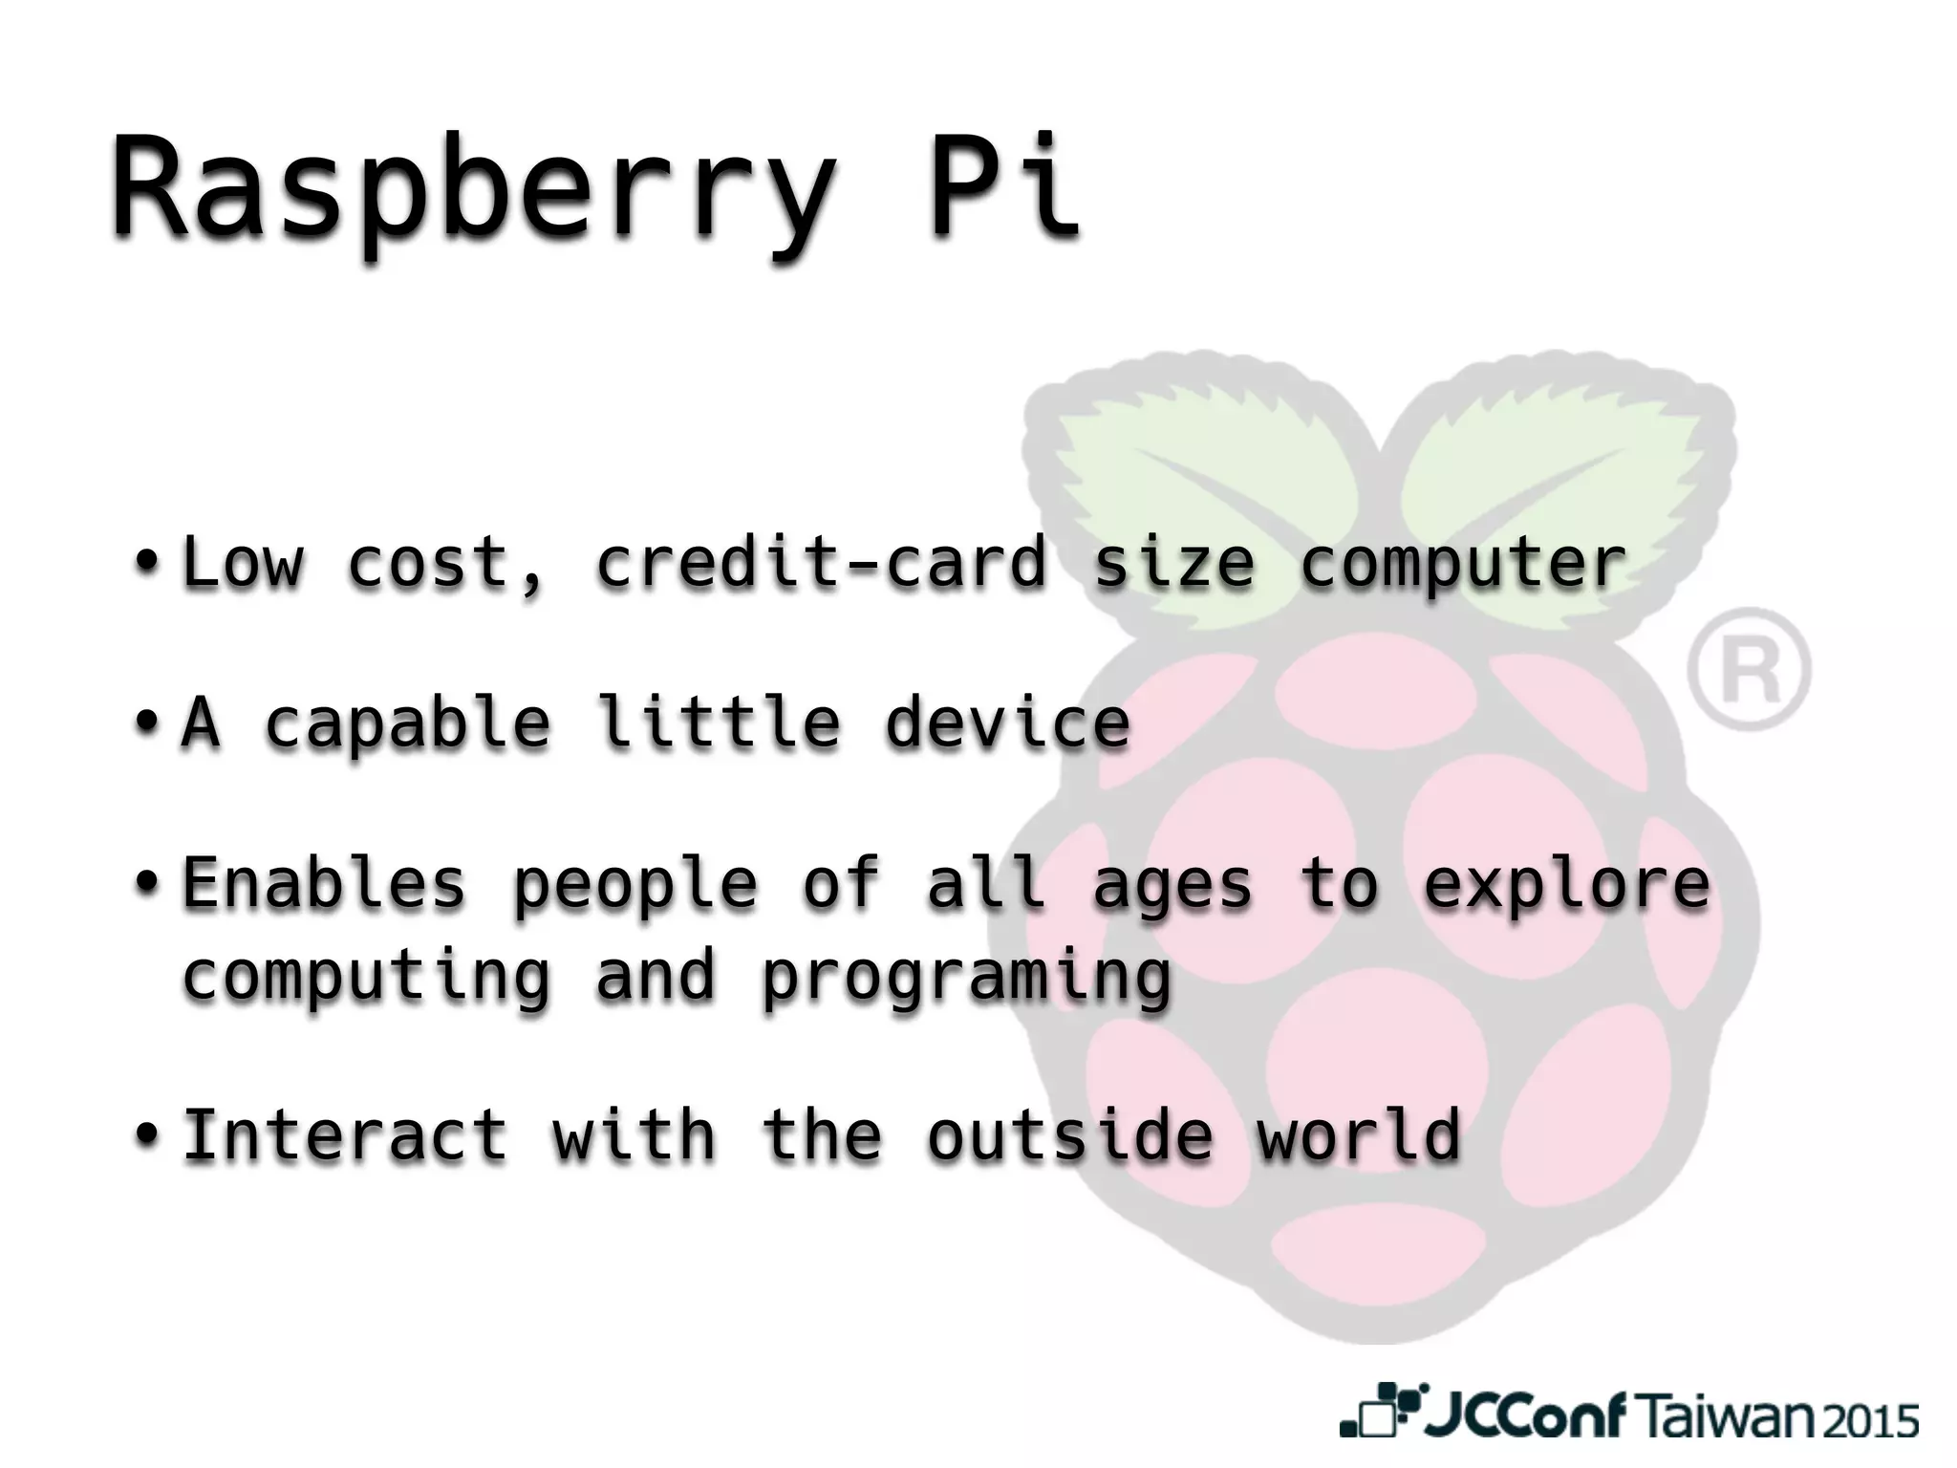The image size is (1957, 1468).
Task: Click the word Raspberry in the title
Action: coord(473,187)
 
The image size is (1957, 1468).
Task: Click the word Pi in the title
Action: coord(1004,187)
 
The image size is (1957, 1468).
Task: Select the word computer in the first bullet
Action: coord(1462,564)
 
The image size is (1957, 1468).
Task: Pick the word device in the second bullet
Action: coord(1007,723)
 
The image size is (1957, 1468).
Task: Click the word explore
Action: coord(1566,885)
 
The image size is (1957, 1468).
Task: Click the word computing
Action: coord(367,977)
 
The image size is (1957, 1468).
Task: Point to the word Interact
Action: coord(345,1135)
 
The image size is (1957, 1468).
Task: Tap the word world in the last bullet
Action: coord(1359,1135)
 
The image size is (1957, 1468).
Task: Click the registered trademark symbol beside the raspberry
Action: coord(1748,669)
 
